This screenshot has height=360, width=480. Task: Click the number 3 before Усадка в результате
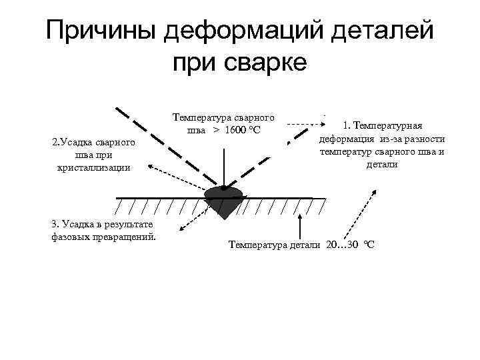(x=53, y=225)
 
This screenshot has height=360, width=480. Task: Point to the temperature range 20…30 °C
(x=350, y=245)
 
